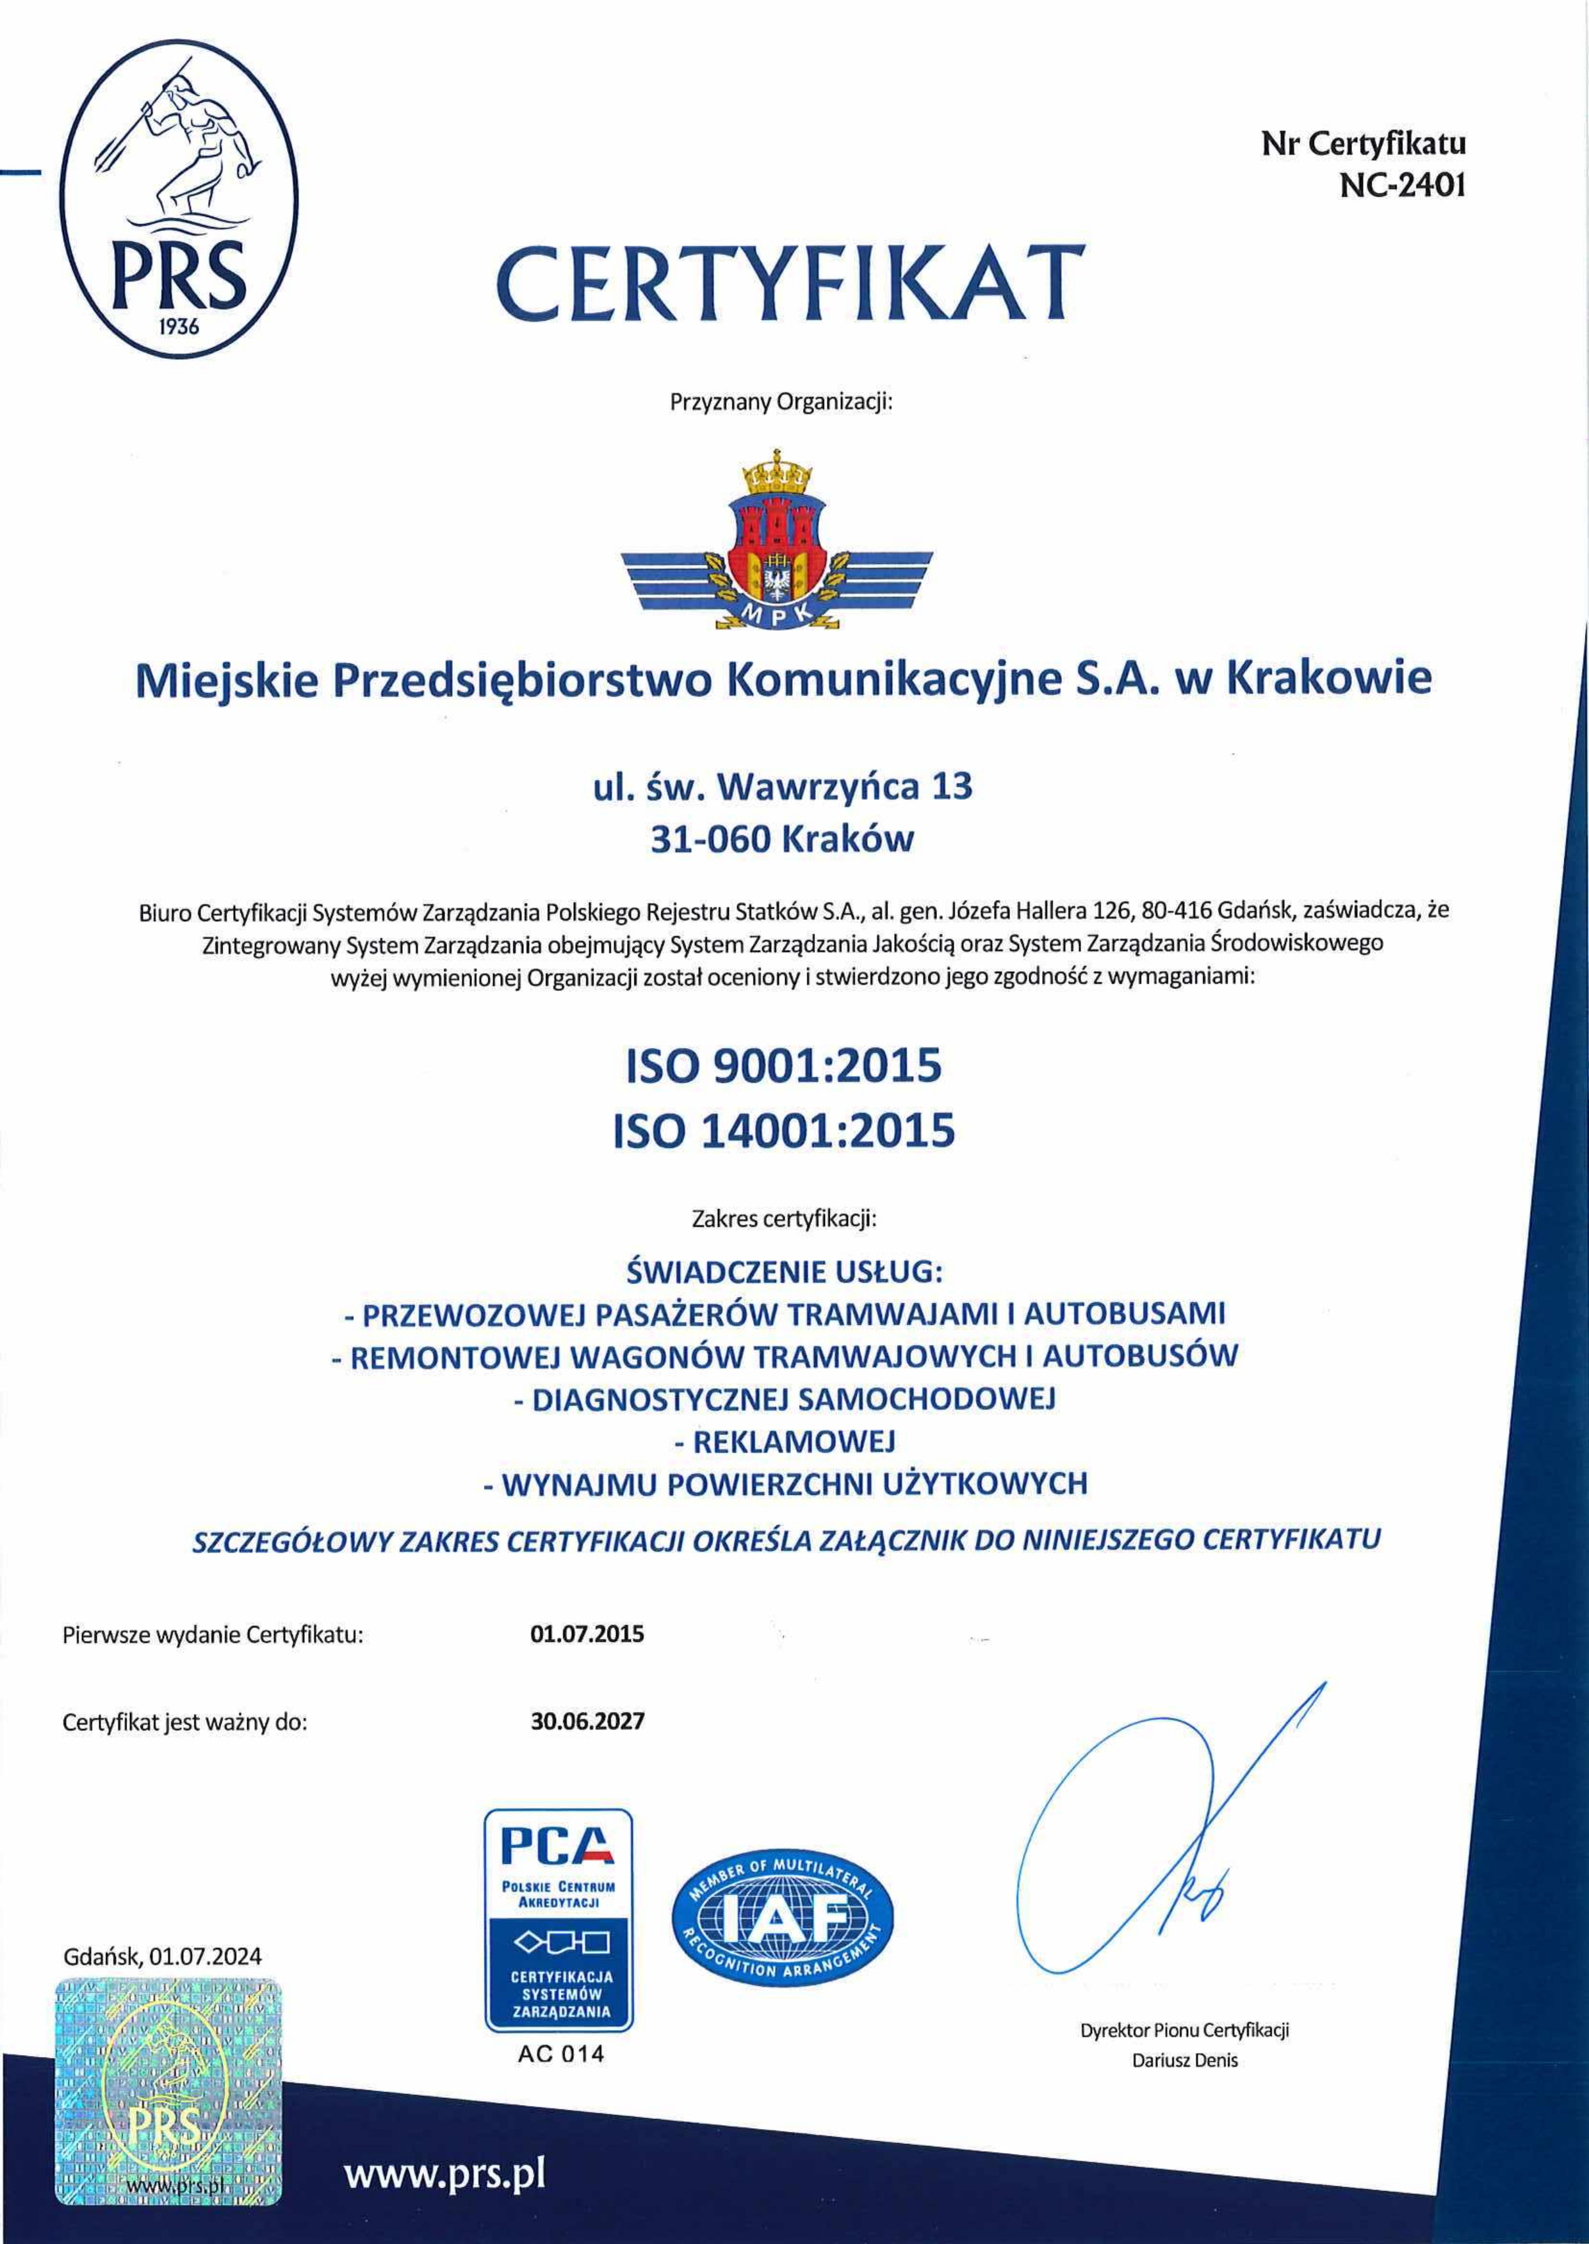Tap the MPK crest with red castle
tap(779, 539)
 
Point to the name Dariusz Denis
tap(1185, 2059)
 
